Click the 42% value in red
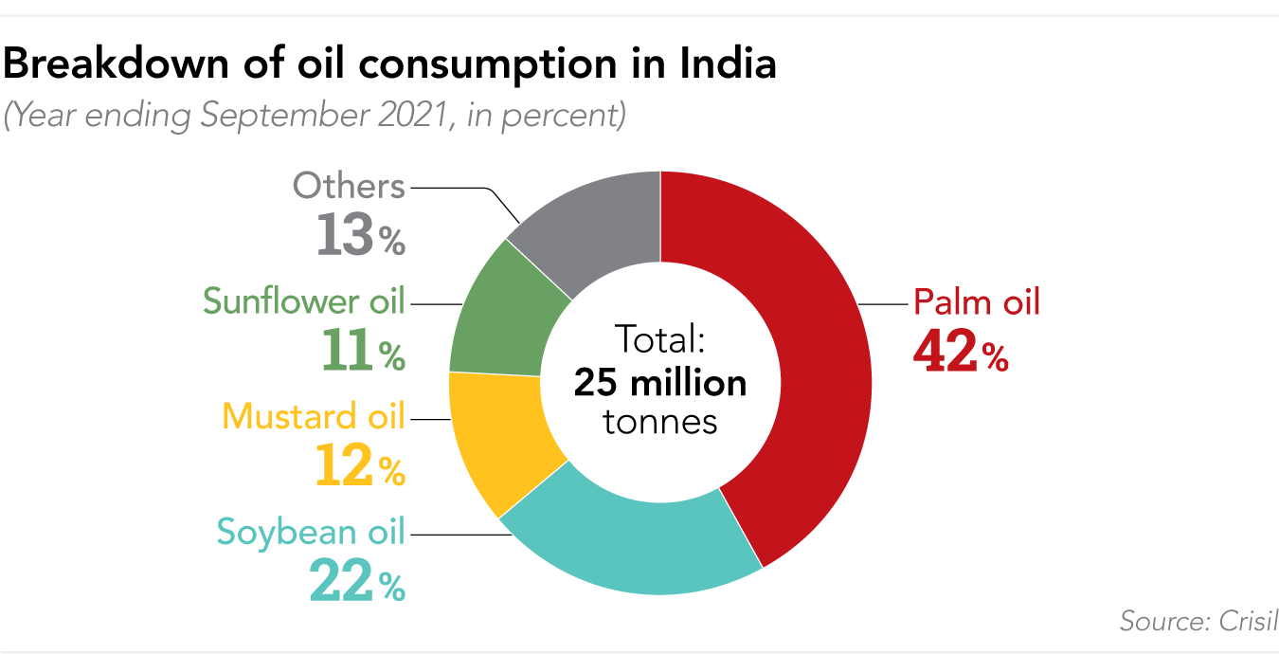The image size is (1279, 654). [x=960, y=352]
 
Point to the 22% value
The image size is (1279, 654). [x=357, y=581]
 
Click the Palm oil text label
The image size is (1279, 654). [x=976, y=302]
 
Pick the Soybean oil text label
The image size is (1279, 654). [x=310, y=531]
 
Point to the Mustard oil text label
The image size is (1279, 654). [x=313, y=416]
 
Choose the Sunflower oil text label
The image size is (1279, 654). [x=303, y=300]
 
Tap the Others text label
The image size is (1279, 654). [x=349, y=186]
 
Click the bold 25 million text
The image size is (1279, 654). [x=660, y=383]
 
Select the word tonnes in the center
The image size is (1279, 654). [x=660, y=421]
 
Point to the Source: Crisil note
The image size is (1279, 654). [x=1198, y=621]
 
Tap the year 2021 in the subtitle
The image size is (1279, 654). [x=419, y=116]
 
